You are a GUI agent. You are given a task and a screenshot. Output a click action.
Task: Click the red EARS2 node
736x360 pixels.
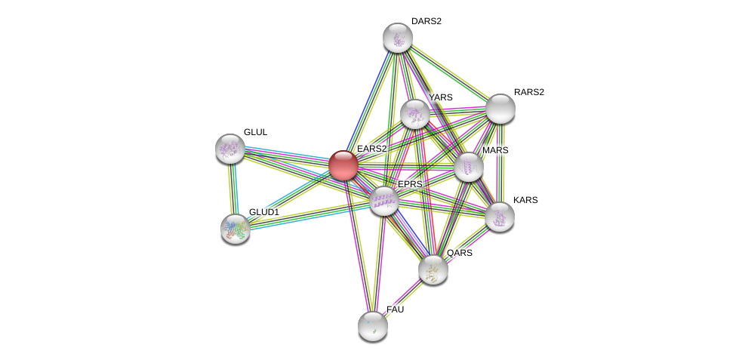coord(343,165)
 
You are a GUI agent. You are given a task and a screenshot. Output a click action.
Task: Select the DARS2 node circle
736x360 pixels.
coord(397,38)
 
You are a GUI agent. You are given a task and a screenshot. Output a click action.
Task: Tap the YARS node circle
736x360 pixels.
coord(414,114)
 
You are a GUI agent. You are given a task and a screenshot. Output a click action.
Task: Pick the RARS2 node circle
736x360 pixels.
coord(500,109)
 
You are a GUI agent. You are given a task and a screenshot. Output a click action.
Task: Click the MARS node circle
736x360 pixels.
coord(468,167)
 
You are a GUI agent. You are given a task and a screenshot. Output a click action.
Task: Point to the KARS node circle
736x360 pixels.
coord(499,217)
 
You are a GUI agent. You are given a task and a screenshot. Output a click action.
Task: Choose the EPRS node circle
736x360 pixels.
coord(383,201)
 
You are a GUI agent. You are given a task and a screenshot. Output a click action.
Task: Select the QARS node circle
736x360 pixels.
coord(433,269)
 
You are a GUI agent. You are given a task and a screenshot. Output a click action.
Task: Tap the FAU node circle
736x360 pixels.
coord(372,325)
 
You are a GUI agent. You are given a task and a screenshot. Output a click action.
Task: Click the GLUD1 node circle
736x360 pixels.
coord(236,228)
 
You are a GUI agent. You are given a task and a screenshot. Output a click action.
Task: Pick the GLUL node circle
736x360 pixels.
coord(229,149)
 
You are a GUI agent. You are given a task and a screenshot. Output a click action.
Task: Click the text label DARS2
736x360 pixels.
coord(427,21)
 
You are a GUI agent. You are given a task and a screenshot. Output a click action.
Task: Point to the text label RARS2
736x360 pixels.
coord(528,92)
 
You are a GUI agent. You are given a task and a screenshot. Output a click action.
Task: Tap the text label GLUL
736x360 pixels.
coord(255,132)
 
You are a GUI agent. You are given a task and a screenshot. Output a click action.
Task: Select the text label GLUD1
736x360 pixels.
coord(263,212)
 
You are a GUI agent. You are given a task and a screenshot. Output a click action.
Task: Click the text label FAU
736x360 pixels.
coord(395,309)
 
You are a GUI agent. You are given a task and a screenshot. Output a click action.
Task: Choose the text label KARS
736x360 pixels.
coord(525,200)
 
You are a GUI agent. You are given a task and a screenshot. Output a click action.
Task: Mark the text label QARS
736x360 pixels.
coord(459,253)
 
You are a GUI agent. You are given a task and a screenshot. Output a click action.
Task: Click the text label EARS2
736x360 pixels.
coord(371,149)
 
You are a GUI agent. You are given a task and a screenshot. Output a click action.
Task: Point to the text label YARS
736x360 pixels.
coord(440,97)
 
